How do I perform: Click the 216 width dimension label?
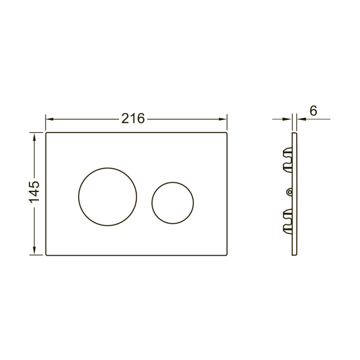(133, 119)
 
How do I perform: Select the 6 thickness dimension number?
(313, 111)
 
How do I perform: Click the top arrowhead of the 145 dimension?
(34, 137)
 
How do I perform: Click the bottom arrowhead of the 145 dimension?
(34, 250)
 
